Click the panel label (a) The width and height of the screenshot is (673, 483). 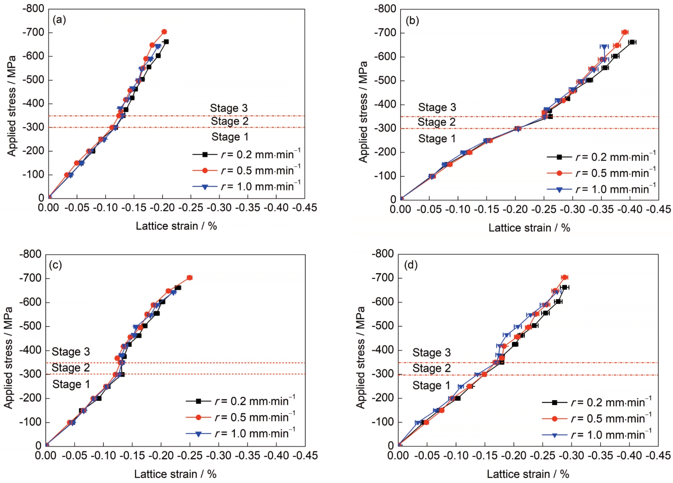[59, 20]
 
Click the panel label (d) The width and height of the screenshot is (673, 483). [411, 265]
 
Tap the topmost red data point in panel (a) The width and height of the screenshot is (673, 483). [164, 32]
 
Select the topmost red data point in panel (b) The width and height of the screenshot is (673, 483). [625, 32]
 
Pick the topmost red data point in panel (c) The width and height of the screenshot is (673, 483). [190, 278]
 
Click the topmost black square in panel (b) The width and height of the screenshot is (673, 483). [632, 42]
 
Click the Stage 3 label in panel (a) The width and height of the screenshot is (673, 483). [228, 108]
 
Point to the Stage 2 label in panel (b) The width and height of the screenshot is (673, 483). [436, 122]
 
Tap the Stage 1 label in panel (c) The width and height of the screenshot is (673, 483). [71, 384]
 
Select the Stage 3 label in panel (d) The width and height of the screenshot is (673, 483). [431, 353]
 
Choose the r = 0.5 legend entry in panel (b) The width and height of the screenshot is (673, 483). [601, 173]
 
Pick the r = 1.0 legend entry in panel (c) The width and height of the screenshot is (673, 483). [240, 433]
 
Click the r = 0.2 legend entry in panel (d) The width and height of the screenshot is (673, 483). [597, 403]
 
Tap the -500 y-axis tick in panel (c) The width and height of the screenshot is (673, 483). [30, 326]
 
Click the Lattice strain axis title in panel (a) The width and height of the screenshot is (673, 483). [176, 226]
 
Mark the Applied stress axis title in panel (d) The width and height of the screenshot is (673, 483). [360, 357]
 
